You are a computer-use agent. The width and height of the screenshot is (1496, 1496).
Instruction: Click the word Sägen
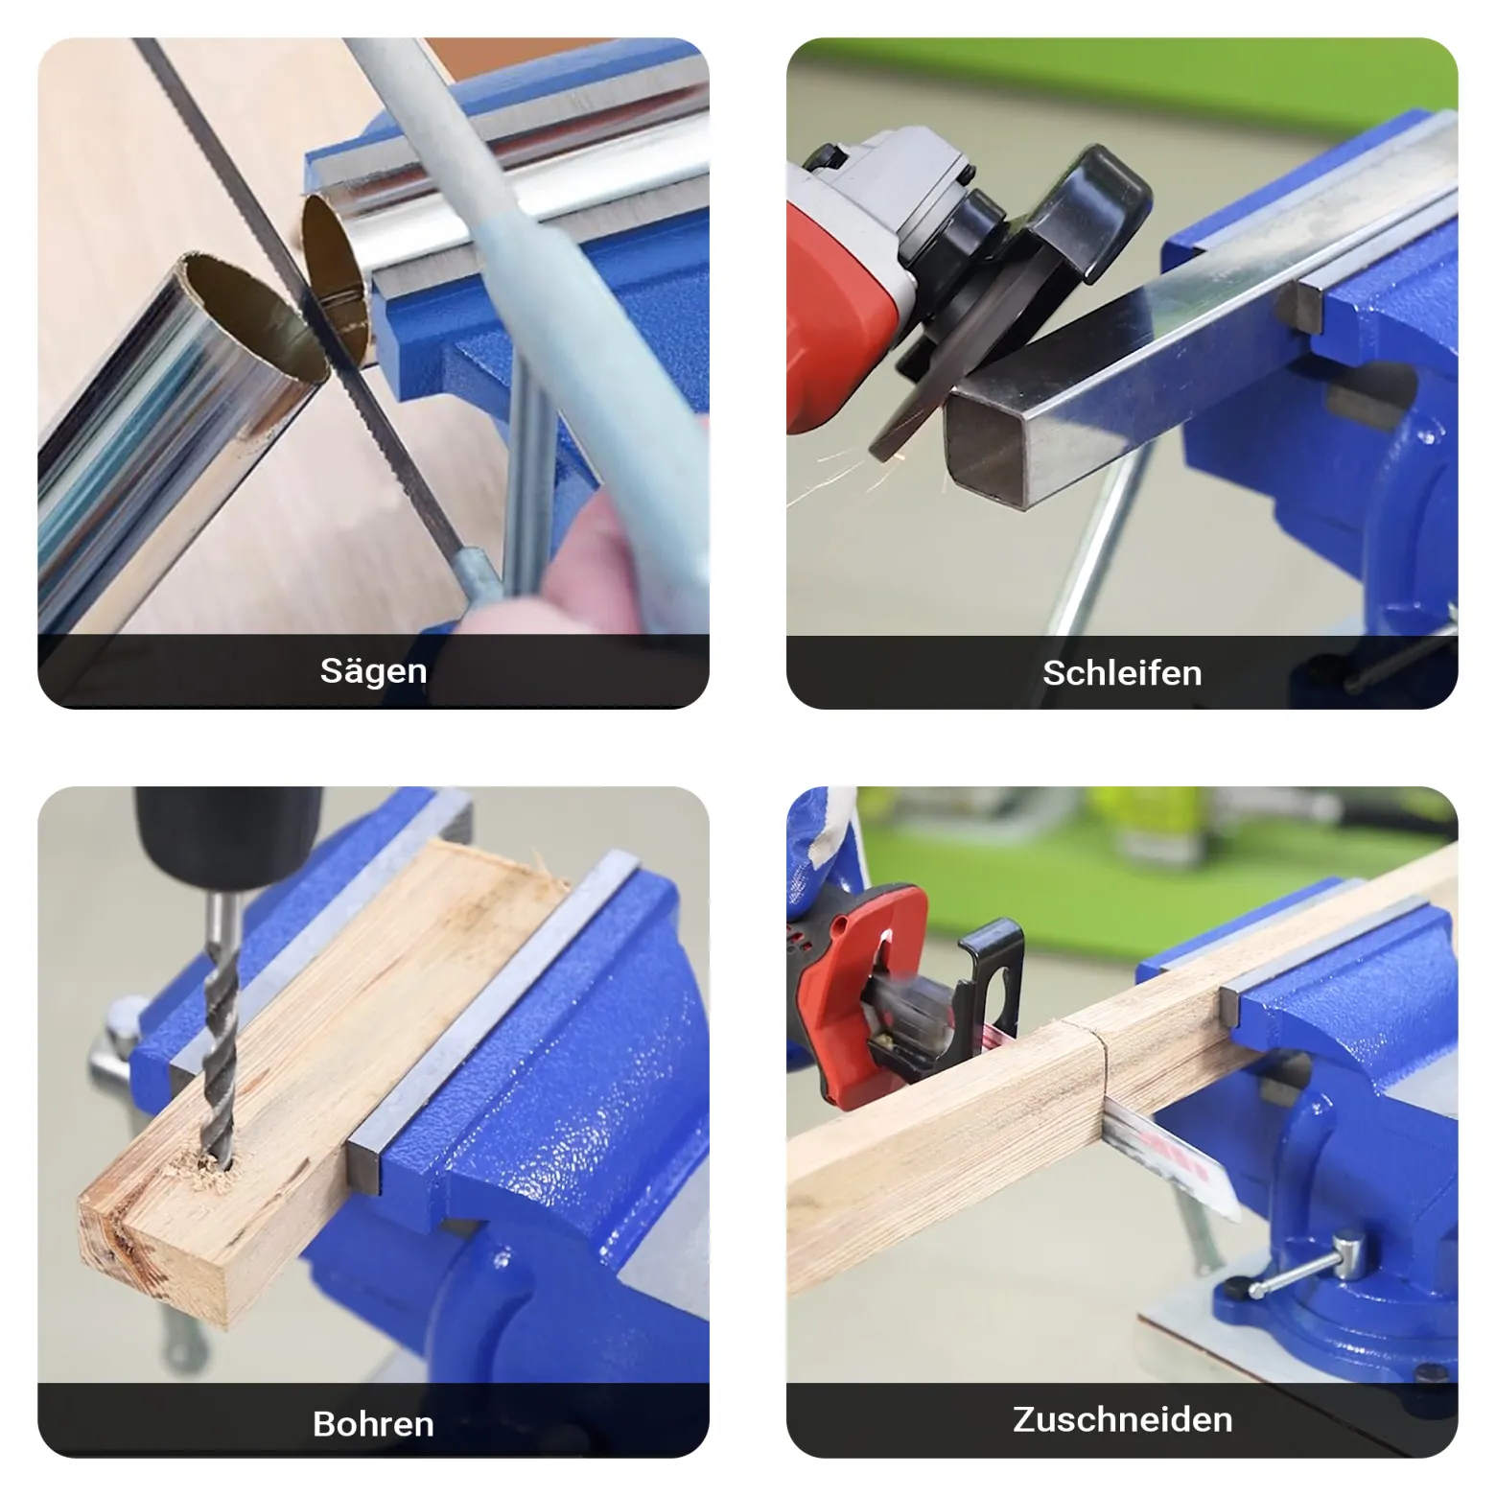373,671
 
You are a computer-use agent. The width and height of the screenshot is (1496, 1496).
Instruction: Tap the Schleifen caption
1122,673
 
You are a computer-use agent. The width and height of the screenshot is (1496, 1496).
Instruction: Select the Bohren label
373,1424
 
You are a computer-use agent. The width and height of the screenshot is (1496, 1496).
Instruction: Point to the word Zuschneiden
1122,1419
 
